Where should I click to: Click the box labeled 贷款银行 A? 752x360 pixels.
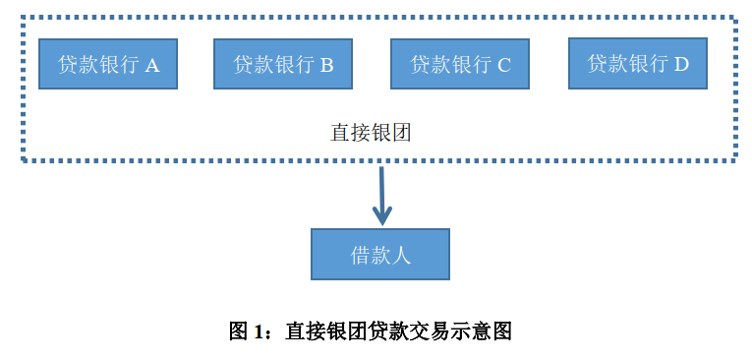click(x=108, y=64)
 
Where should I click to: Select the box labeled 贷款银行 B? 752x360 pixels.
click(x=283, y=64)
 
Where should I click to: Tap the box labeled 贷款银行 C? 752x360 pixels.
click(x=460, y=64)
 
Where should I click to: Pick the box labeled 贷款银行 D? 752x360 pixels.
click(x=638, y=63)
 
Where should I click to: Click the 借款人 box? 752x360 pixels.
click(x=380, y=255)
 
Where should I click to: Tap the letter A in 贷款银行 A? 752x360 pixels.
click(x=152, y=65)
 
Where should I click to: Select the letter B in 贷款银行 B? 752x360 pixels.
click(x=327, y=65)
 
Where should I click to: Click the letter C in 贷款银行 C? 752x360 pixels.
click(x=504, y=65)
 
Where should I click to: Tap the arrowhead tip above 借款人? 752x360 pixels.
click(x=381, y=222)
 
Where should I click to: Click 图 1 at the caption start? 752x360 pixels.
click(x=247, y=330)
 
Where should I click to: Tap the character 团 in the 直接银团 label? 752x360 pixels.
click(x=400, y=133)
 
